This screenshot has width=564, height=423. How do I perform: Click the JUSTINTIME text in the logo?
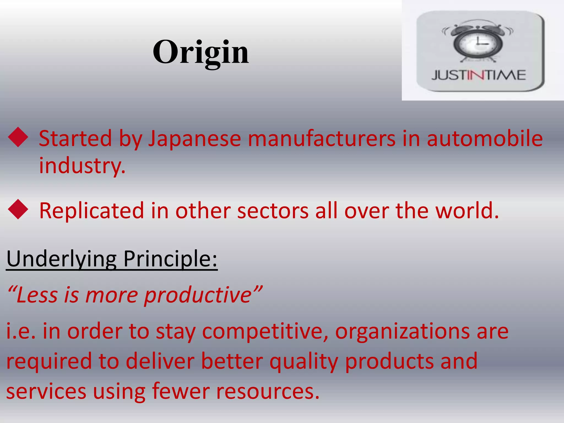pos(479,75)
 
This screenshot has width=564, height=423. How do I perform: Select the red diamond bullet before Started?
pos(18,137)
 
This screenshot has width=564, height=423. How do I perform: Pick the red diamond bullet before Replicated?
pos(18,210)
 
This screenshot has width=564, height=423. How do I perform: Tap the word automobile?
pos(485,139)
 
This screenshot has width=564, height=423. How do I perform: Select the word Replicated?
pos(92,211)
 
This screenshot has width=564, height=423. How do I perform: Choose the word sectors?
pos(273,211)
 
